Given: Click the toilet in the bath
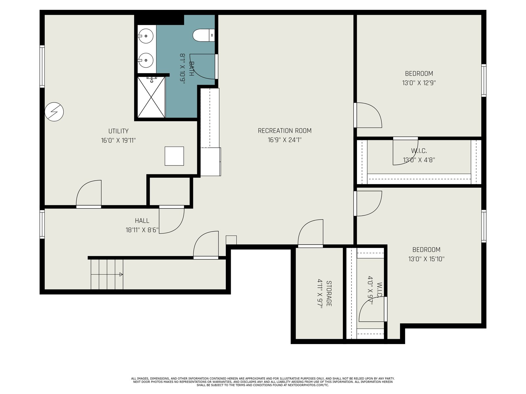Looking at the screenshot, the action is pos(203,35).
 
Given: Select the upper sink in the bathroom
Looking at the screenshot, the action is pos(146,36).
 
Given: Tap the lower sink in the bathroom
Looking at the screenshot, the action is pos(146,60).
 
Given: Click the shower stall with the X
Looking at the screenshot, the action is pos(151,97).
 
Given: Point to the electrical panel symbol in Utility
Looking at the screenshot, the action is pos(54,112).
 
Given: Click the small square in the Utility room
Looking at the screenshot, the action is pos(174,156).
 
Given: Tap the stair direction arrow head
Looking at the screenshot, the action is pos(121,274).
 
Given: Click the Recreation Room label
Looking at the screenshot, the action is pos(284,131).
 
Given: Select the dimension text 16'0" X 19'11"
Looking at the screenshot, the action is pos(118,140).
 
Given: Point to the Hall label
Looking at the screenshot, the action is pos(142,221).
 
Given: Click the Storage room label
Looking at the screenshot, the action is pos(329,294).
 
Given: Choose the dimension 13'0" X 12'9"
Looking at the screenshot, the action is pos(419,83).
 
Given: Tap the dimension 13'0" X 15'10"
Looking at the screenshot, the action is pos(426,259).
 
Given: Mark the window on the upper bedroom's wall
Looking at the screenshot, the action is pos(484,80).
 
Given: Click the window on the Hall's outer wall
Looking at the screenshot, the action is pos(42,224).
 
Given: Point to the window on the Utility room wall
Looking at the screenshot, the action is pos(42,66).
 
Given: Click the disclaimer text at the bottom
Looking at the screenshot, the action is pos(263,382).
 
